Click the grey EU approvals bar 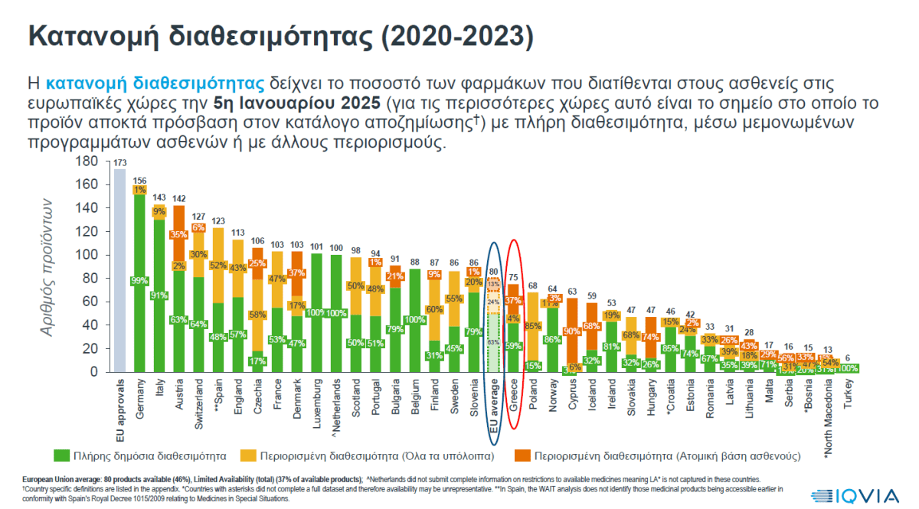(119, 268)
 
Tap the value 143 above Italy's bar (159, 197)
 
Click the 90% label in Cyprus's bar (571, 331)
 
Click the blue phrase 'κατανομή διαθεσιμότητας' (155, 83)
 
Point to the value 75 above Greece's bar (512, 277)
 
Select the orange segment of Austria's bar (179, 233)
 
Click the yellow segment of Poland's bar (534, 325)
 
